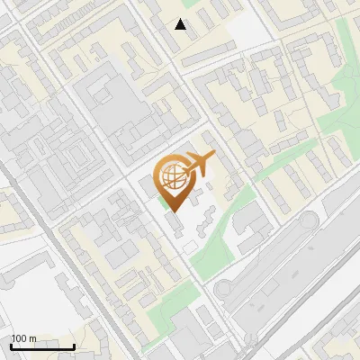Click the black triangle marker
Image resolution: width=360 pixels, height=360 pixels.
(x=181, y=24)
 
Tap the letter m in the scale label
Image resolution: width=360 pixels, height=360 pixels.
(x=33, y=338)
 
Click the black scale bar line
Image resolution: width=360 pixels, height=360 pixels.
(x=41, y=346)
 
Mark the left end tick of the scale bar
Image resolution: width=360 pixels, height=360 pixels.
(x=11, y=345)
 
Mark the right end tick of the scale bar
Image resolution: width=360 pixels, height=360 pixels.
(x=73, y=345)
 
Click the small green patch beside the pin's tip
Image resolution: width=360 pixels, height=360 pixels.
(x=164, y=201)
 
